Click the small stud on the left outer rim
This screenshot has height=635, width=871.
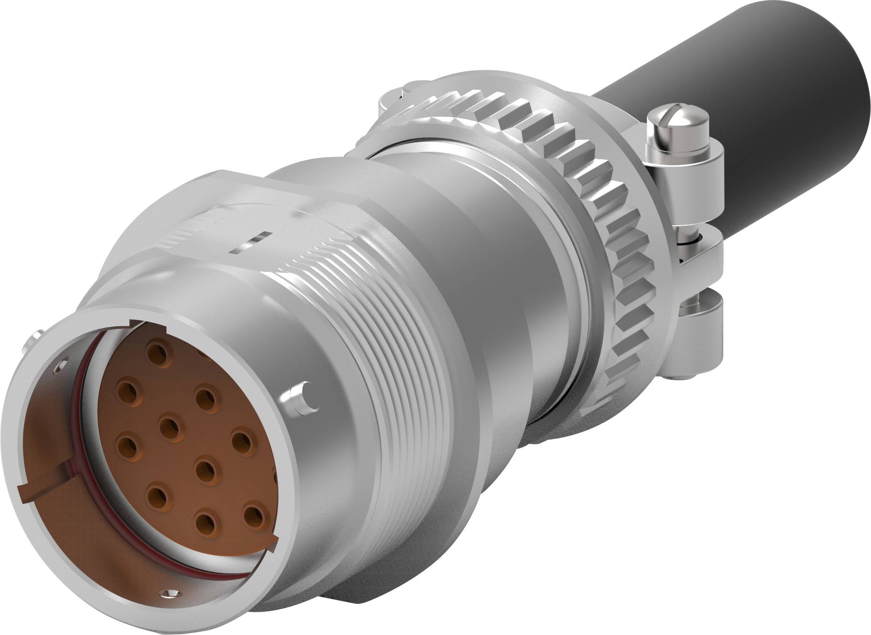(34, 340)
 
